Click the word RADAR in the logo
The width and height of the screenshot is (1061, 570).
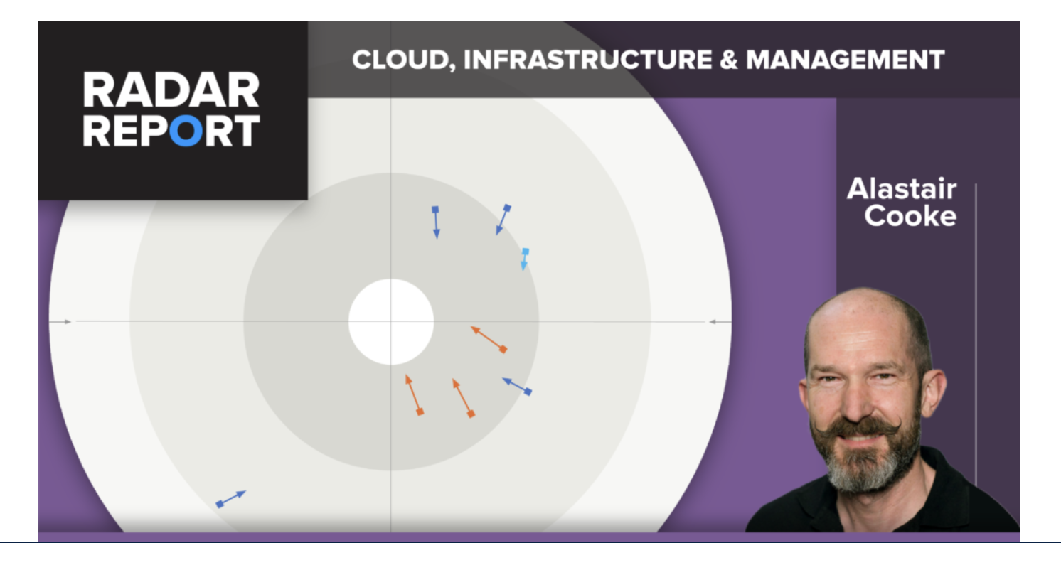tap(171, 90)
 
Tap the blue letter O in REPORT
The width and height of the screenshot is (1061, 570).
tap(186, 131)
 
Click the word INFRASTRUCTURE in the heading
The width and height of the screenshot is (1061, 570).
tap(588, 60)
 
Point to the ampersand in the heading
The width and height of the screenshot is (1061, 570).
tap(729, 60)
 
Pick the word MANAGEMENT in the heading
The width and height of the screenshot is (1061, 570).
tap(846, 60)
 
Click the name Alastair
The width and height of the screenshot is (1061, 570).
tap(902, 188)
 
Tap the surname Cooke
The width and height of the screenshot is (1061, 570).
tap(910, 216)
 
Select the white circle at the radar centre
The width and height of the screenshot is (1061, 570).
tap(391, 321)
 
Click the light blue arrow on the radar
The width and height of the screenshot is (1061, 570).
tap(525, 259)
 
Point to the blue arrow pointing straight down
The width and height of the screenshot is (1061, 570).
tap(436, 222)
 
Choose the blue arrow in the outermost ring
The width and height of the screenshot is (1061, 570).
tap(230, 499)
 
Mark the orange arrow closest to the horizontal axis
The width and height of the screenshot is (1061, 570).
tap(489, 340)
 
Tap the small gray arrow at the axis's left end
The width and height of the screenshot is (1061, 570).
tap(60, 322)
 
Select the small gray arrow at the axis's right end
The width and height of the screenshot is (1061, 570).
tap(720, 322)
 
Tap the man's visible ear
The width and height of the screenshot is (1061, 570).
tap(932, 393)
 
